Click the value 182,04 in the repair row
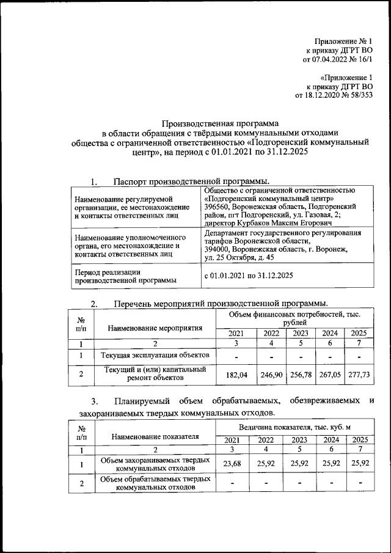(x=235, y=374)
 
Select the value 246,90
(x=269, y=374)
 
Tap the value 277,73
(x=359, y=374)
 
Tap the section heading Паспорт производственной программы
(x=191, y=181)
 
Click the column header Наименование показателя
(x=156, y=436)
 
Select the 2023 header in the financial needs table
(x=300, y=333)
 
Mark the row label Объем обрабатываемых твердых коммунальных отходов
(x=155, y=483)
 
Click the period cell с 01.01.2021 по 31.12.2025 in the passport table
(x=249, y=276)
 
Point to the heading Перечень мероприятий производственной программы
(x=220, y=303)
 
